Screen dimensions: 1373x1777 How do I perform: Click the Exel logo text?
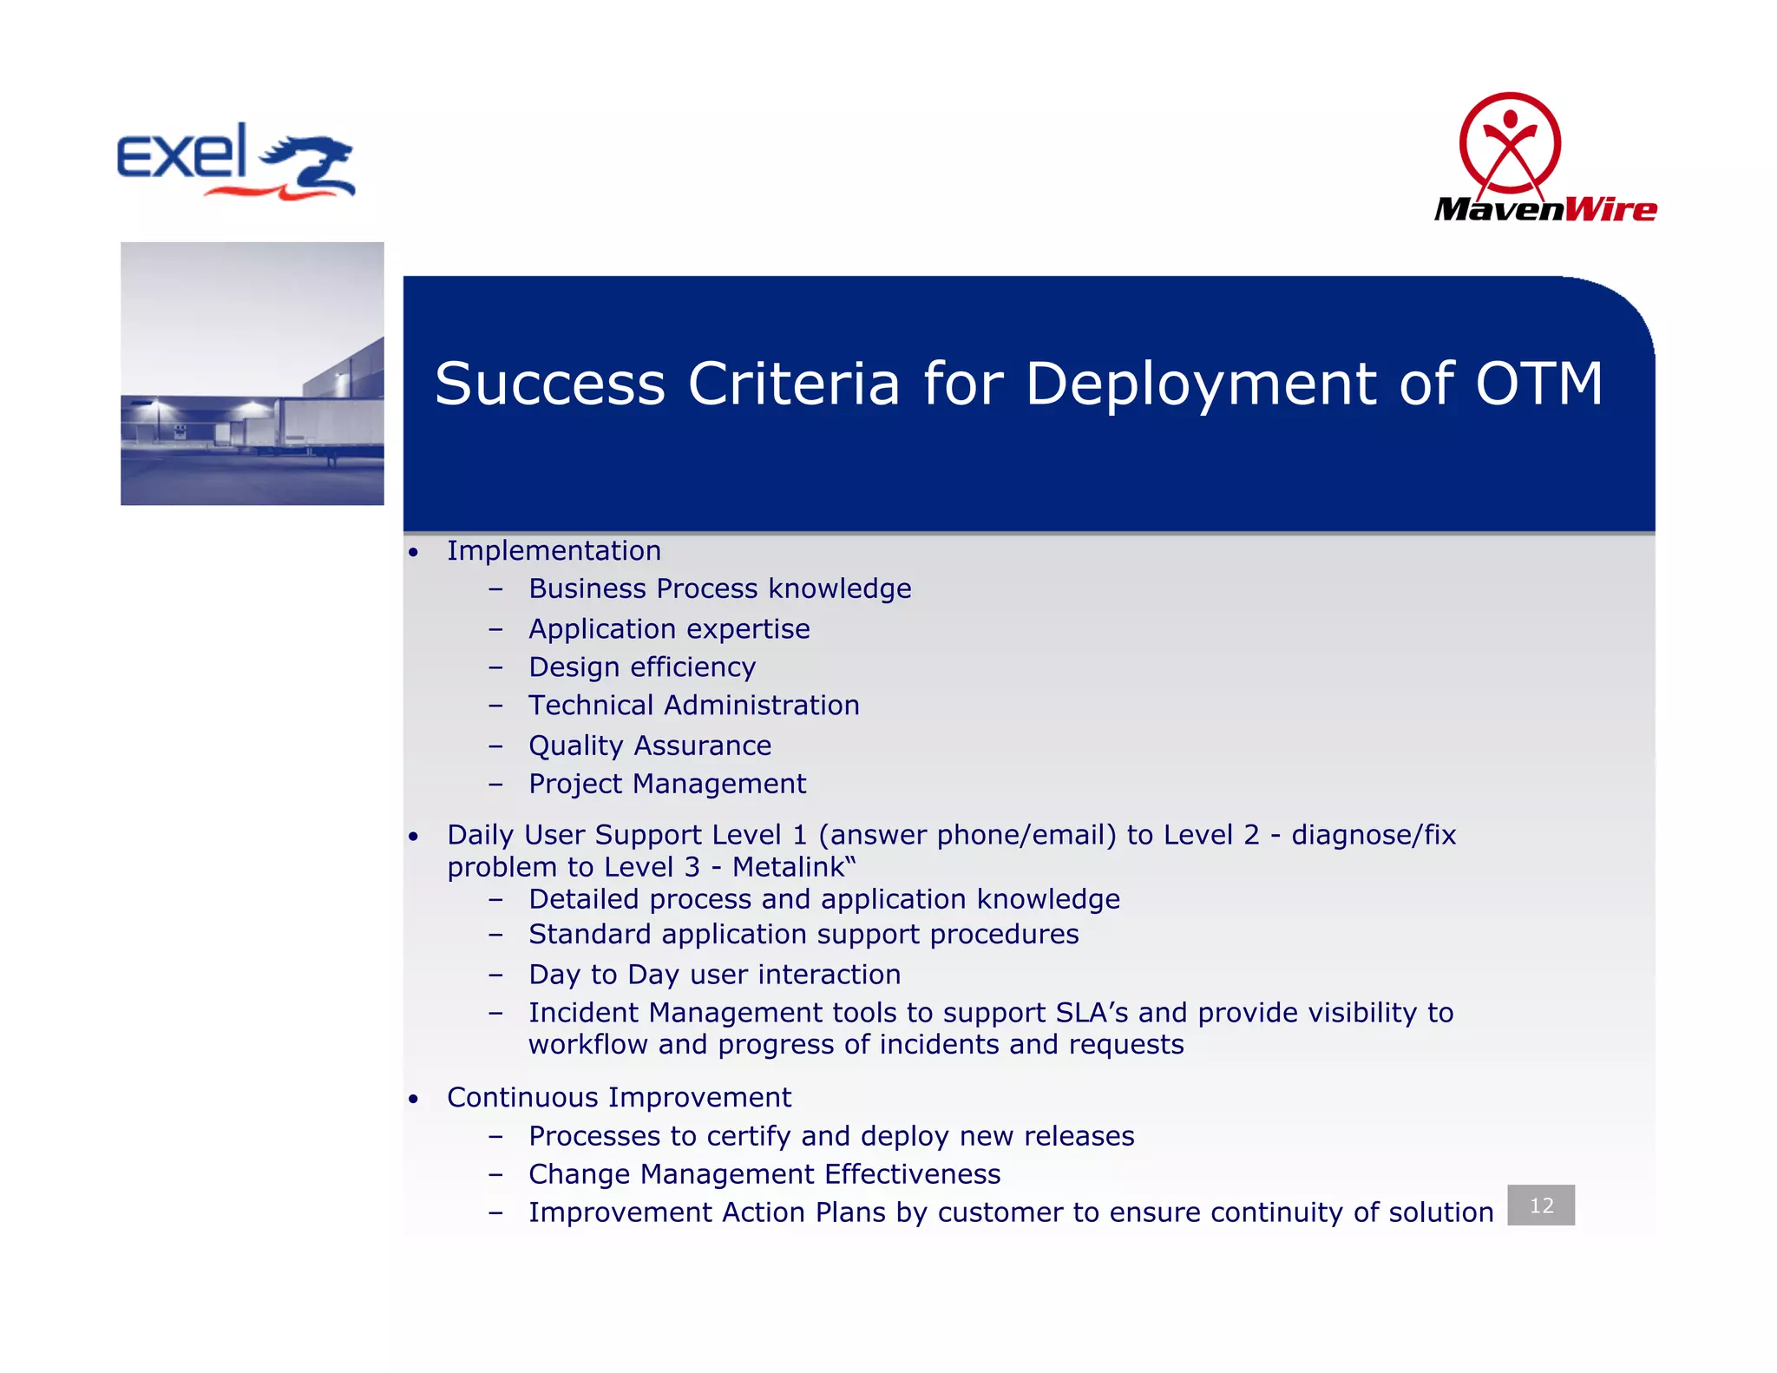(181, 153)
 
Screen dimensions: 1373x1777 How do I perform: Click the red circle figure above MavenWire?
(1510, 143)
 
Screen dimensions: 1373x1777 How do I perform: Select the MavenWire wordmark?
(1545, 209)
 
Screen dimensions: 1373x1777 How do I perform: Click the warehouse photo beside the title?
(252, 373)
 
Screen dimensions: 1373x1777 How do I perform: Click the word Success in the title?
(549, 384)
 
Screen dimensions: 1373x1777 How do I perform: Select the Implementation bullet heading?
(554, 550)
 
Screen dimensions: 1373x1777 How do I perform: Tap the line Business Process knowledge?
(719, 588)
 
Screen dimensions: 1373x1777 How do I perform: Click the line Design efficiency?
(642, 667)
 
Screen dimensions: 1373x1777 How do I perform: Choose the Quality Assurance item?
(650, 746)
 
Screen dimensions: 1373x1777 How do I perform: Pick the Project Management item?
(667, 784)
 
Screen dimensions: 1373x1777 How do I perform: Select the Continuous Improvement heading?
(619, 1097)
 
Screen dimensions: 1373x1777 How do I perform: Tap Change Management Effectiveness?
(764, 1174)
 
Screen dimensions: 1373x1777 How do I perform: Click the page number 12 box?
(1541, 1205)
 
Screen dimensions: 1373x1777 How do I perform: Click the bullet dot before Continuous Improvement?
(414, 1100)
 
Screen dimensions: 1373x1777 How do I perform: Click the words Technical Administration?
(694, 705)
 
